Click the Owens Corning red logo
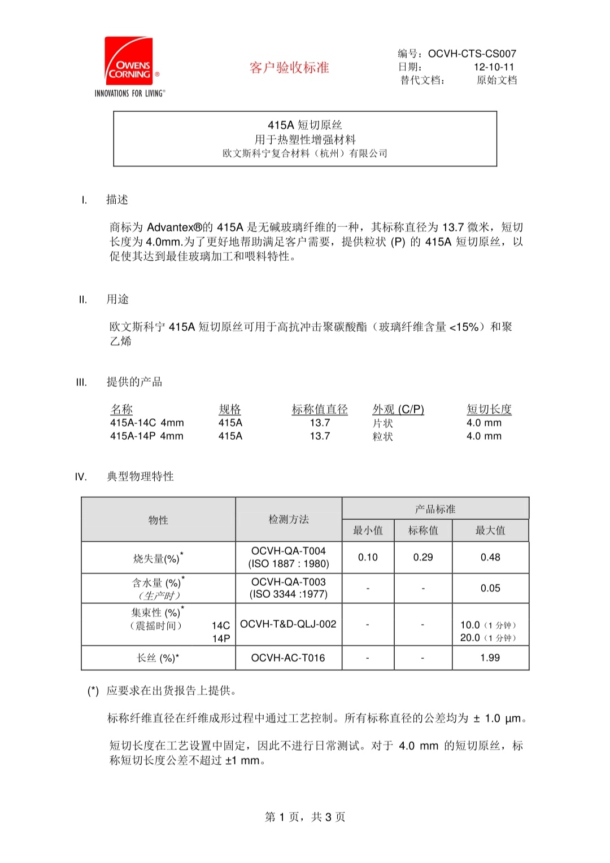pos(129,62)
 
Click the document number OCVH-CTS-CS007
pos(472,54)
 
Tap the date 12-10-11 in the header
pos(494,67)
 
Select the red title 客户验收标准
pos(289,68)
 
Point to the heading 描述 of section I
pos(117,199)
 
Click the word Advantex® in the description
pos(175,227)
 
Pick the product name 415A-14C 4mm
pos(147,423)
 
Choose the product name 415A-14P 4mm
pos(147,436)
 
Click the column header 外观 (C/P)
pos(398,409)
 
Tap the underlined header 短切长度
pos(489,409)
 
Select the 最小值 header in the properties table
pos(368,531)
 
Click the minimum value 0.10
pos(368,557)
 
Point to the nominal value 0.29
pos(423,557)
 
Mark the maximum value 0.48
pos(490,557)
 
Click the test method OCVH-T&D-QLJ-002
pos(288,624)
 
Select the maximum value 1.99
pos(490,658)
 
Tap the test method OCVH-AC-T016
pos(288,658)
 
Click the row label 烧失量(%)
pos(157,558)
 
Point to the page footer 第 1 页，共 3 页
pos(305,817)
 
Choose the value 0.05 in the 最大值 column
pos(490,588)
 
